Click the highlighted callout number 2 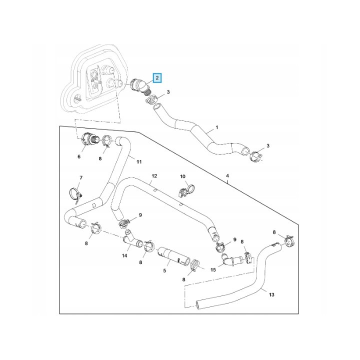click(157, 78)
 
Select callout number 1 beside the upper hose click(217, 127)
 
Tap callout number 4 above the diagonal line click(227, 176)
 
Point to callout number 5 click(164, 270)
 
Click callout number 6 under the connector click(79, 156)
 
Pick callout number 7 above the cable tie click(81, 177)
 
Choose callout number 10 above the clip click(182, 176)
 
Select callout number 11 click(139, 162)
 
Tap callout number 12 click(154, 176)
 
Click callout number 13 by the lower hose click(271, 294)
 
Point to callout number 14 click(124, 255)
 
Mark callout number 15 click(213, 269)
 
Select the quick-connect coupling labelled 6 click(88, 139)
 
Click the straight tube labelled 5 click(174, 256)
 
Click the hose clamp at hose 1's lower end click(256, 156)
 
